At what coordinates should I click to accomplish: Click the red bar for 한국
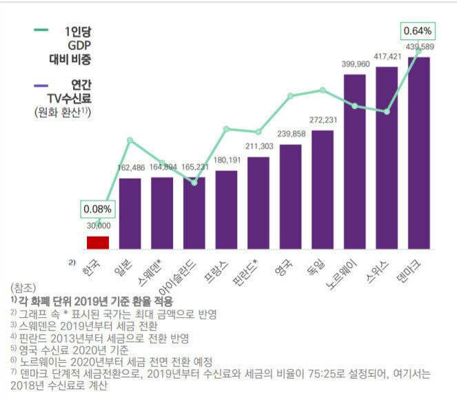98,242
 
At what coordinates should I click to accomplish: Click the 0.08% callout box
98,208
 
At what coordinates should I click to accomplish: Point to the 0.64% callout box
417,31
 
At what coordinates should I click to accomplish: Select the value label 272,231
323,120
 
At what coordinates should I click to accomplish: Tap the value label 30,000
98,225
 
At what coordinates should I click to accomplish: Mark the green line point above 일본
130,141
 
